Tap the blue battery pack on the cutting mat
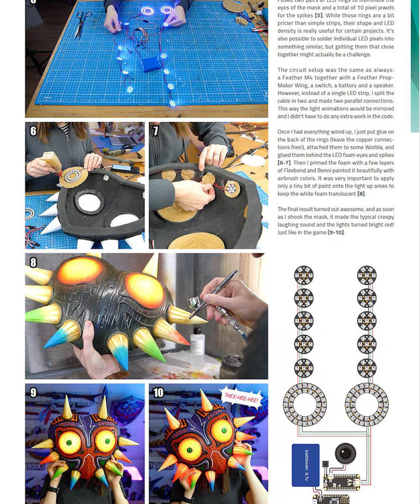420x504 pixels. [x=152, y=63]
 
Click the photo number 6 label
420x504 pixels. [x=33, y=131]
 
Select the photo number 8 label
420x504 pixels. [x=33, y=262]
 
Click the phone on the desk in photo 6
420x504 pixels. [x=124, y=168]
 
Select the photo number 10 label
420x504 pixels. [x=158, y=393]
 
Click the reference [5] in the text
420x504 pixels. [x=319, y=16]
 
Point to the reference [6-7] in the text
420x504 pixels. [x=285, y=163]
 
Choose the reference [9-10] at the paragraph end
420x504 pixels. [x=336, y=232]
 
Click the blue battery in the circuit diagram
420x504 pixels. [x=305, y=465]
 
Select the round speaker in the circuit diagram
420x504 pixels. [x=345, y=453]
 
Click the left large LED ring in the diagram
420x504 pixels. [x=304, y=403]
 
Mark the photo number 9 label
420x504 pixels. [x=33, y=393]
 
